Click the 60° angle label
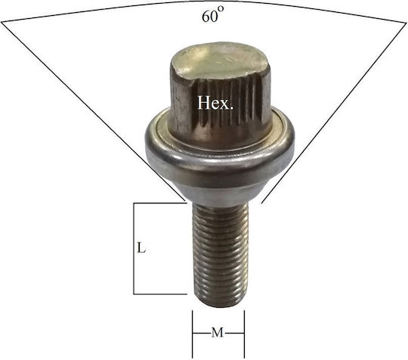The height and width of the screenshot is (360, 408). (x=212, y=15)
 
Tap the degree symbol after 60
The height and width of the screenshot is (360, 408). (x=221, y=9)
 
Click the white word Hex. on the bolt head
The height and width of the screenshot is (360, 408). (x=215, y=103)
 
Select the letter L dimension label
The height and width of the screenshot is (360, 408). (x=141, y=248)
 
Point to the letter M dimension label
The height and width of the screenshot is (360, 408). (x=218, y=333)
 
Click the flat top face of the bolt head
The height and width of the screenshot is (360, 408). (x=218, y=60)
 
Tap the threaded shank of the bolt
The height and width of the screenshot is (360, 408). (x=220, y=254)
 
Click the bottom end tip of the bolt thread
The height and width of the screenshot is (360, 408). (x=220, y=306)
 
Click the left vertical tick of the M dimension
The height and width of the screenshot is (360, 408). (x=193, y=334)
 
